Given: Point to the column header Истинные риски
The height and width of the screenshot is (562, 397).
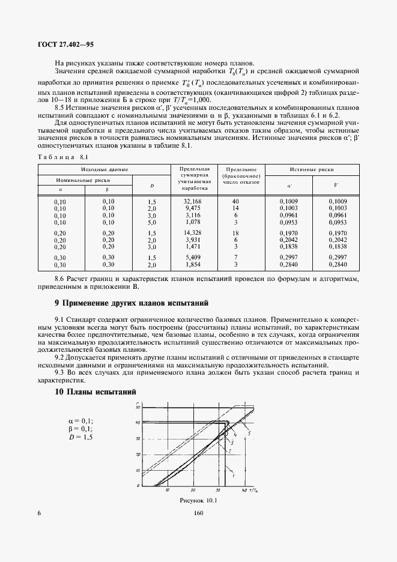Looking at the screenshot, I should (x=312, y=169).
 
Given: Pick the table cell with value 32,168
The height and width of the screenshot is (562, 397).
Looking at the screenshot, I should (x=192, y=201).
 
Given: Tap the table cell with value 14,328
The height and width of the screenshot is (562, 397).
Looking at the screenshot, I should (x=192, y=232).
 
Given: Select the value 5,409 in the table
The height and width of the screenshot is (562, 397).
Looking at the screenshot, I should (x=192, y=257).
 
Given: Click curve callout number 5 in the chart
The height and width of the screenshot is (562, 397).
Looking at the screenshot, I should (x=249, y=434).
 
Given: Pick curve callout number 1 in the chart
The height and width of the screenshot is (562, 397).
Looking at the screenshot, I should (x=224, y=476).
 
